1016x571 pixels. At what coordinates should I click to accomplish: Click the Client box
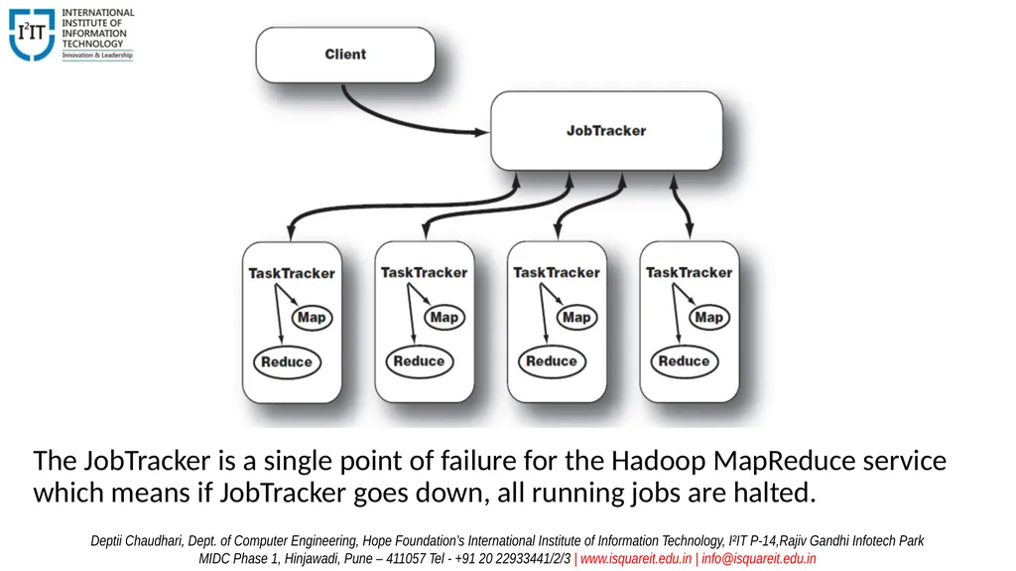point(345,55)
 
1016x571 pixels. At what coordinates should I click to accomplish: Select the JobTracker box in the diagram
point(606,130)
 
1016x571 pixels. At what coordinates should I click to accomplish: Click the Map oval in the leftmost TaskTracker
point(312,318)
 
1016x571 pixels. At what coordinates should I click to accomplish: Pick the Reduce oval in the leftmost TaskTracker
point(287,362)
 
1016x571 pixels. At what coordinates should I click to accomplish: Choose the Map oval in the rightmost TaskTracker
point(708,317)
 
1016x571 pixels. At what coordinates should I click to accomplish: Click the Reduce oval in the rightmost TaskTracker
point(685,361)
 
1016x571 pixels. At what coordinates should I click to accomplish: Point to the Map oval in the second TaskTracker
point(444,317)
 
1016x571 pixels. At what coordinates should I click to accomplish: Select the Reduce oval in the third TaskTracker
point(552,361)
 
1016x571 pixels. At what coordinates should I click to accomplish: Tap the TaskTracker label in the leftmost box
point(292,273)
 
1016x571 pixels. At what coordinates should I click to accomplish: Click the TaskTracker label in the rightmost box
point(689,272)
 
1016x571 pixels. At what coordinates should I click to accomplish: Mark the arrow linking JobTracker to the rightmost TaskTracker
point(681,207)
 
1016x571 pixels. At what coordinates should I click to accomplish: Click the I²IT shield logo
point(32,35)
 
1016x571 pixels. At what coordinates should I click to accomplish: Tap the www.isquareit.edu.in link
point(636,559)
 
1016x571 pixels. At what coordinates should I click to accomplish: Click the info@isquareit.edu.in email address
point(759,559)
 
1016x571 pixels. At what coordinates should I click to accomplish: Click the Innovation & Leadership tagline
point(97,56)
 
